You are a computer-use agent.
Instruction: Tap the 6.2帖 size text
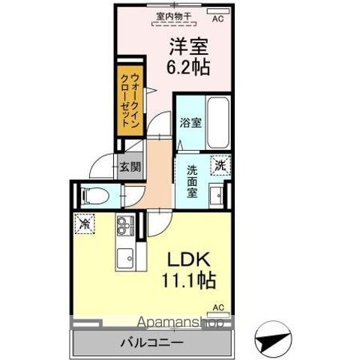point(187,65)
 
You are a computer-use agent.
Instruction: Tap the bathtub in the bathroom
point(219,123)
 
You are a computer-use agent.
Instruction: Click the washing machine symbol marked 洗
point(220,163)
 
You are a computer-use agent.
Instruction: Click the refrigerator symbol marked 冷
point(85,223)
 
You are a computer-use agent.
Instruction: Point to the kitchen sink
point(124,257)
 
